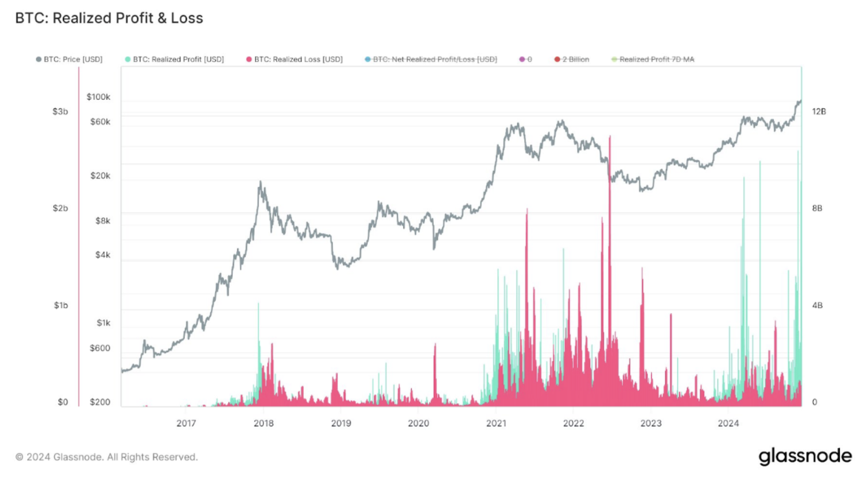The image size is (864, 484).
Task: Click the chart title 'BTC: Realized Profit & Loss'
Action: [109, 18]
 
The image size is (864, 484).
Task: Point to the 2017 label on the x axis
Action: [186, 423]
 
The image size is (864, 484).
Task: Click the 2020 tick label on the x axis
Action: [418, 423]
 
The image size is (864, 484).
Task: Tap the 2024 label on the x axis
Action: [728, 423]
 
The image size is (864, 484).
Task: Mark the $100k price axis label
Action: [98, 97]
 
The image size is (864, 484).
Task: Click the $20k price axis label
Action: [100, 176]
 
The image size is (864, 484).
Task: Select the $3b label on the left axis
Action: [60, 111]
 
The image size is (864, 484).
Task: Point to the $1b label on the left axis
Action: [61, 306]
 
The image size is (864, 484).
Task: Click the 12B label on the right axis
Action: [818, 111]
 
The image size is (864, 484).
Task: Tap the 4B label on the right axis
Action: [817, 306]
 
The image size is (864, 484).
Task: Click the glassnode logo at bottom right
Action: [805, 456]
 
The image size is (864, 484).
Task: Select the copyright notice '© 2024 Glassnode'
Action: [106, 457]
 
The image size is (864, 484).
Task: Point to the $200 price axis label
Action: [100, 402]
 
